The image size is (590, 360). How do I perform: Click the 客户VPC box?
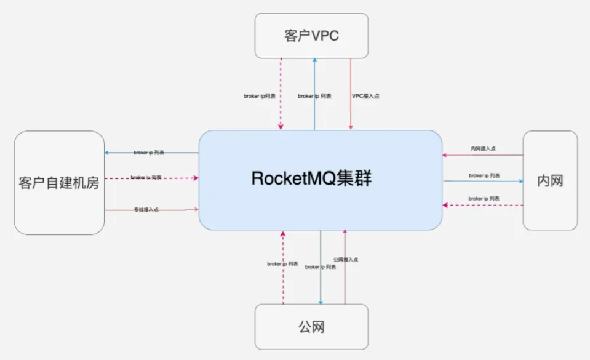[311, 36]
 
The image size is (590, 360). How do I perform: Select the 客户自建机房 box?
[59, 183]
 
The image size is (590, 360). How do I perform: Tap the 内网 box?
[550, 180]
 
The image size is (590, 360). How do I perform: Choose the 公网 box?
[311, 326]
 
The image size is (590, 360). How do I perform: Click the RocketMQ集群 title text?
[312, 178]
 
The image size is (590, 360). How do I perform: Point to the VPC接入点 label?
[365, 96]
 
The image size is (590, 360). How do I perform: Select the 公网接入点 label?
[346, 260]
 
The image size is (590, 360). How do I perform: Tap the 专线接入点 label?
[146, 210]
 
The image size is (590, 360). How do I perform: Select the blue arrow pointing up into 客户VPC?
[314, 80]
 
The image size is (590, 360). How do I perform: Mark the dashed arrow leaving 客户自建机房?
[178, 178]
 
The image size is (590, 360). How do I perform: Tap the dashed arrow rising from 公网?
[283, 283]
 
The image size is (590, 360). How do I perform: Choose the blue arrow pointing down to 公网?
[321, 283]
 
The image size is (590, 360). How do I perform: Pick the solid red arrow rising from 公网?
[345, 283]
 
